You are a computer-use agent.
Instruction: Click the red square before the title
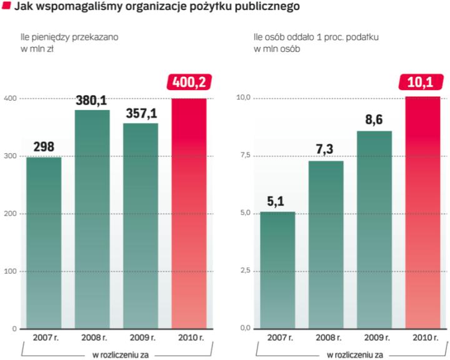click(6, 7)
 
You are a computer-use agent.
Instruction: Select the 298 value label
click(44, 147)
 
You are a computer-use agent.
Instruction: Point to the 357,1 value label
click(141, 114)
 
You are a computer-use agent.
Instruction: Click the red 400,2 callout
click(189, 82)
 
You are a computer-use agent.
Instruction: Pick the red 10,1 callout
click(423, 82)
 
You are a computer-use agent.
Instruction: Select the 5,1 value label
click(277, 202)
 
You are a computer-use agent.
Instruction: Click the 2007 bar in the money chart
click(44, 244)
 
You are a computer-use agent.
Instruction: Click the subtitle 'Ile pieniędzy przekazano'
click(69, 37)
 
